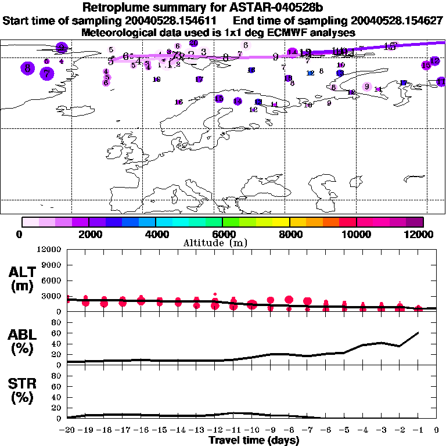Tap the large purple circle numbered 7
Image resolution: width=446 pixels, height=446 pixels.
click(47, 74)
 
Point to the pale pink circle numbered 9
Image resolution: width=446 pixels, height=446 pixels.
click(366, 87)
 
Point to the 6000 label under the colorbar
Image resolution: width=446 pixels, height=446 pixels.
click(223, 234)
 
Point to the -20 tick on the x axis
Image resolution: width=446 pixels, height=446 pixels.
click(67, 430)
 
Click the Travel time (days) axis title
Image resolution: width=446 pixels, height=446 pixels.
click(254, 440)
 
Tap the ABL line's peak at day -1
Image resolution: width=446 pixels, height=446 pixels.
click(418, 333)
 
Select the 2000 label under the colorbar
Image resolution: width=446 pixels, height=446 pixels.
click(88, 234)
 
